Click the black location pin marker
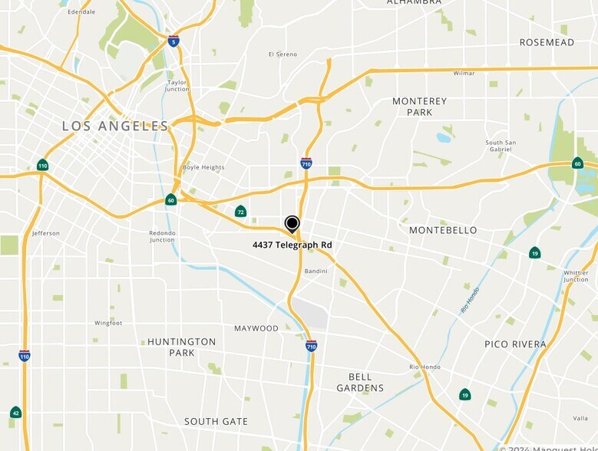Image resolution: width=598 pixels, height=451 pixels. [x=292, y=224]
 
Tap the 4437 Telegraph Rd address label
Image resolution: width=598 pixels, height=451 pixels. [x=292, y=245]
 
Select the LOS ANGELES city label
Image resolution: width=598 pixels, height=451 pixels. [x=115, y=126]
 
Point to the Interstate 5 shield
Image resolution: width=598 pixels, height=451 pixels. [x=173, y=41]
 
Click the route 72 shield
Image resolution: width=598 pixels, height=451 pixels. [x=241, y=212]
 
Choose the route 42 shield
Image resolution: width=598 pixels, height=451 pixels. [x=15, y=413]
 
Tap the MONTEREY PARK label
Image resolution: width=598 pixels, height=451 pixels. [x=419, y=107]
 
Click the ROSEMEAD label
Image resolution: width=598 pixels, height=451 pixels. [x=547, y=42]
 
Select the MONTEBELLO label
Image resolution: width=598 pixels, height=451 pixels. [x=443, y=230]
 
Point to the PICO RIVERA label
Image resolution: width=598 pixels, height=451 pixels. [x=515, y=344]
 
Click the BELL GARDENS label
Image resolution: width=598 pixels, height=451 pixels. [x=360, y=382]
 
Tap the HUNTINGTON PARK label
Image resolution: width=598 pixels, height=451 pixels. [x=182, y=347]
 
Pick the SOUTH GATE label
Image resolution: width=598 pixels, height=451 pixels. [x=216, y=421]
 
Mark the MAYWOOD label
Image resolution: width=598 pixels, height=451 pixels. [x=256, y=328]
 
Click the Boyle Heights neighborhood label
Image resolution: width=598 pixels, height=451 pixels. [x=203, y=167]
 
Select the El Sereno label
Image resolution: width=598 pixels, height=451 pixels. [x=282, y=54]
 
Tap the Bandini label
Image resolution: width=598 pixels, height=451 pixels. [x=316, y=271]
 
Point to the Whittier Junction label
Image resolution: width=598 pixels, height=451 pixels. [x=576, y=275]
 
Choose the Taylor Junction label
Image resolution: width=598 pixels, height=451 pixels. [x=177, y=85]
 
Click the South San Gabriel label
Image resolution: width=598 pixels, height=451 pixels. [x=501, y=146]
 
